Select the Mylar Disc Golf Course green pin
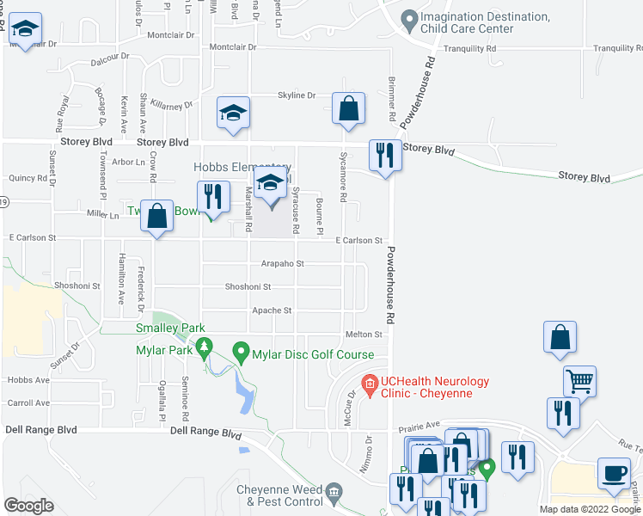[x=242, y=353]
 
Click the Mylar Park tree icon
[x=205, y=349]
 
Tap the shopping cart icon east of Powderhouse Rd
[x=580, y=380]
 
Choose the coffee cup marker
[x=615, y=473]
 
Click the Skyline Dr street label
[x=297, y=95]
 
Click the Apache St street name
[x=272, y=310]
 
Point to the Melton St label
[x=363, y=335]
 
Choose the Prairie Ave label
[x=418, y=424]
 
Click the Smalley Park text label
[x=169, y=328]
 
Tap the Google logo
[x=29, y=505]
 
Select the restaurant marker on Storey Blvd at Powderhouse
[x=385, y=156]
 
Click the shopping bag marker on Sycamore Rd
[x=348, y=109]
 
